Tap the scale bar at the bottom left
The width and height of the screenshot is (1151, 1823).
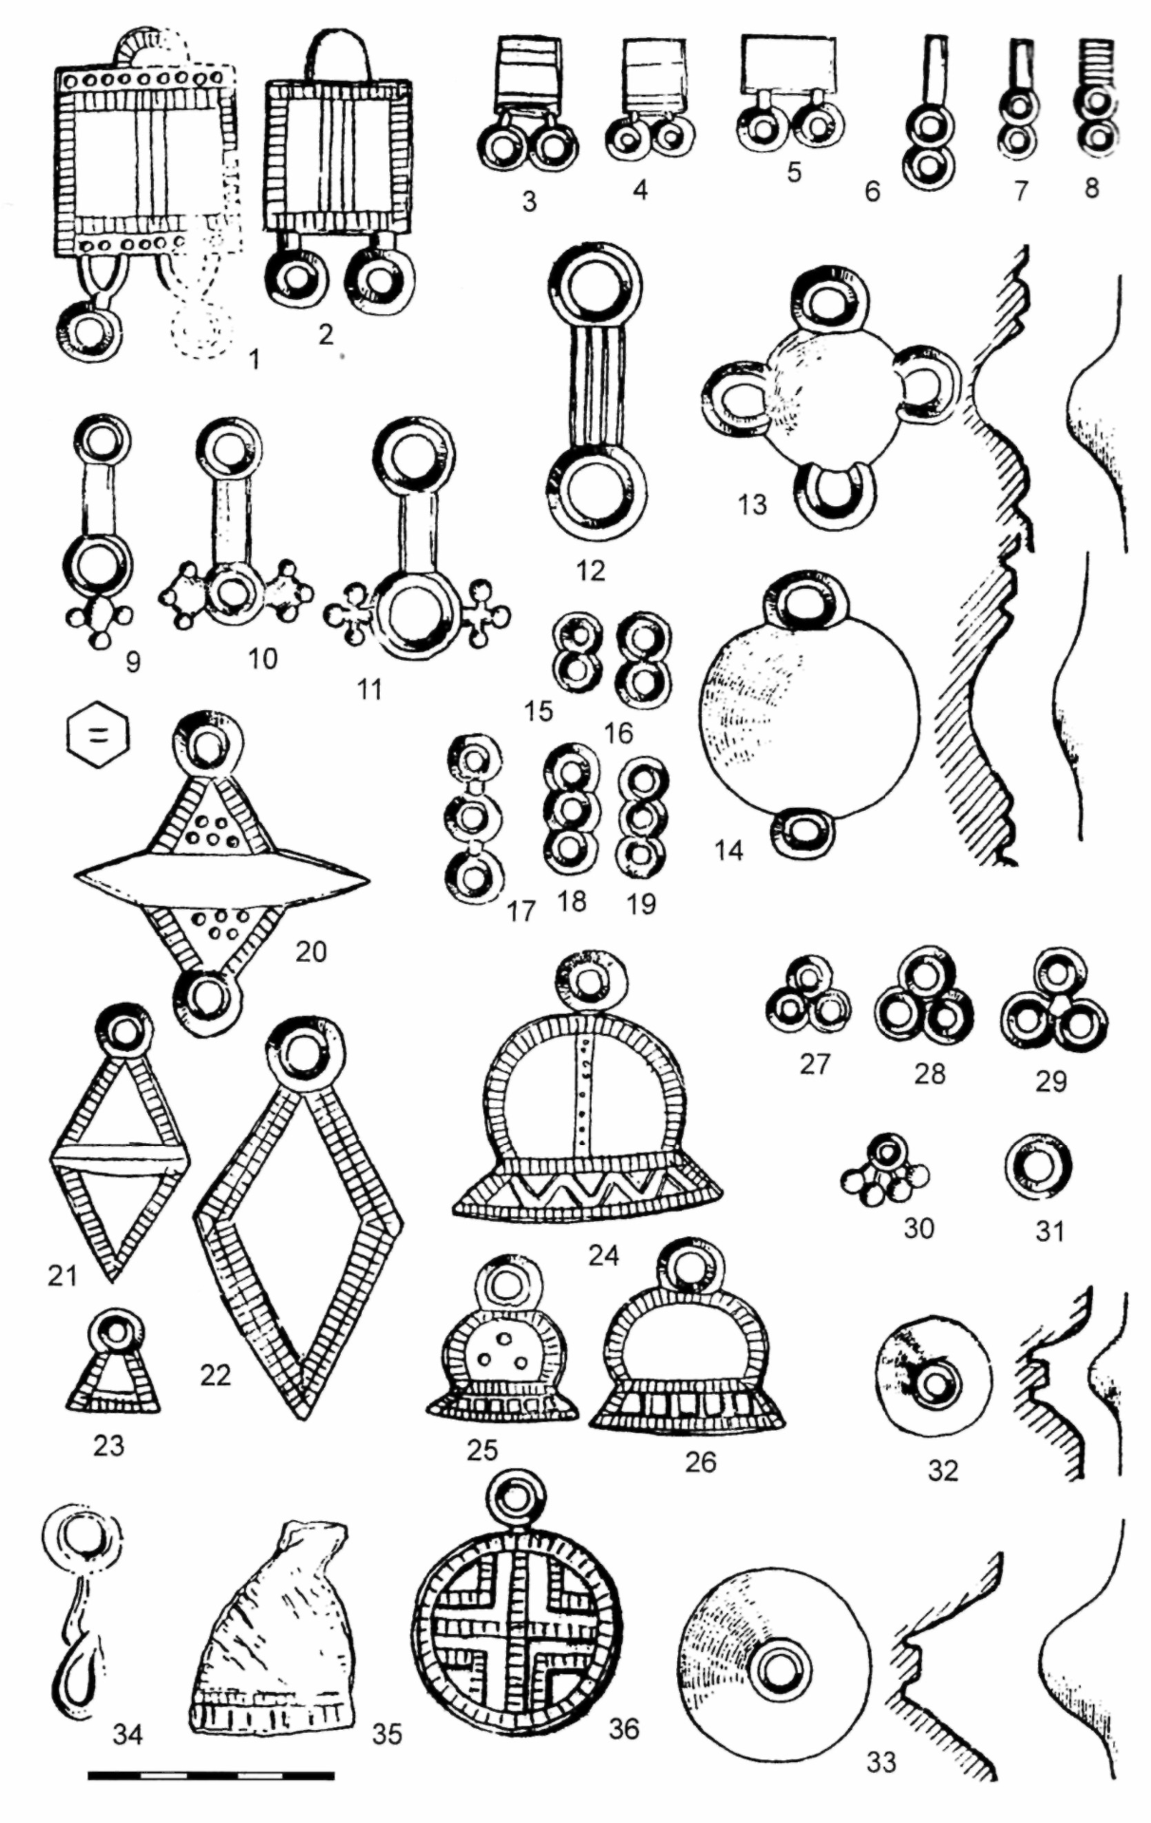[x=211, y=1773]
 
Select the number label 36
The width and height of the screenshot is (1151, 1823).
[x=624, y=1728]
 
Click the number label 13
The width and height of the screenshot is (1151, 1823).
[x=751, y=504]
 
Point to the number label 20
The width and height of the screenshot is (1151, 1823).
[x=311, y=950]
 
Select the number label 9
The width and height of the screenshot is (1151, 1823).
[x=132, y=661]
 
